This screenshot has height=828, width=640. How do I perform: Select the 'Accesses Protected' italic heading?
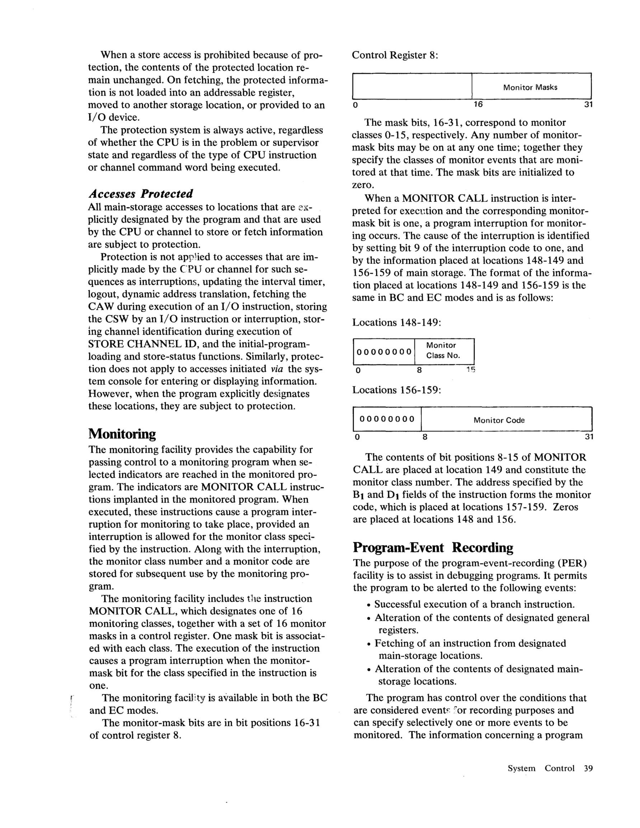[140, 194]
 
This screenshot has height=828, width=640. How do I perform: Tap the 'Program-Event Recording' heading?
[433, 548]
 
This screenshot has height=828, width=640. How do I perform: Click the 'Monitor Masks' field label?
[530, 87]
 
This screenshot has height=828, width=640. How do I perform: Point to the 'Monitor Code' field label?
[499, 420]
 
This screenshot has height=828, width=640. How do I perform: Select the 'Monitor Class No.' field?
[443, 350]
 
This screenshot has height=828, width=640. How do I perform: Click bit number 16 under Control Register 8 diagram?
[478, 104]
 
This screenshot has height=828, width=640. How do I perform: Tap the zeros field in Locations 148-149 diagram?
[384, 351]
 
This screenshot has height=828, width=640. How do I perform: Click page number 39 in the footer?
[588, 768]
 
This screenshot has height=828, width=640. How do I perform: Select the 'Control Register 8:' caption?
[395, 55]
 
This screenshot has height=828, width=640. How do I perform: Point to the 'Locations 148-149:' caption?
[396, 323]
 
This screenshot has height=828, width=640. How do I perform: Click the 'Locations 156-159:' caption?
[396, 390]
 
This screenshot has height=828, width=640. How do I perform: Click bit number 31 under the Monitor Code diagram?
[588, 437]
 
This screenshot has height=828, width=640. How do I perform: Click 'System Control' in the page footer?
[541, 768]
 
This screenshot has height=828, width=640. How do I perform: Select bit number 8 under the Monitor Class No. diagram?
[419, 370]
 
